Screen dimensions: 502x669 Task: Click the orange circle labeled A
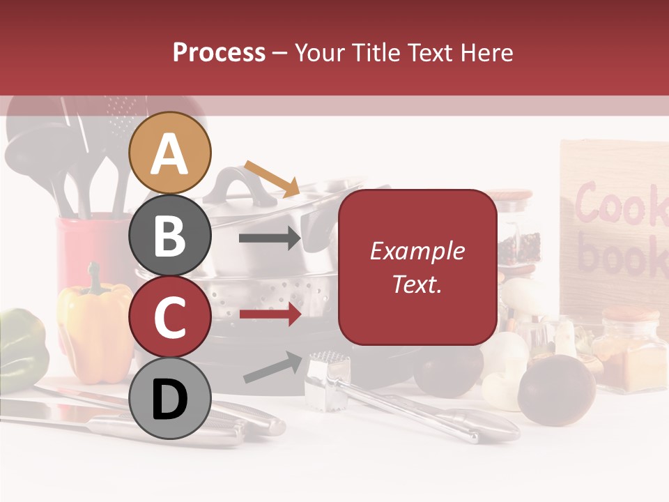170,153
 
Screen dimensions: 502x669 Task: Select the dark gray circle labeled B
170,236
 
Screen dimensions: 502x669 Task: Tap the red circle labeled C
170,317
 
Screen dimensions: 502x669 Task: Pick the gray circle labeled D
170,398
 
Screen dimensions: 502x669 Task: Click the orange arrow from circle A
272,178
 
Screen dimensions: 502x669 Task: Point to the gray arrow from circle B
269,238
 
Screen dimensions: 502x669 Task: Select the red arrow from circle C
269,314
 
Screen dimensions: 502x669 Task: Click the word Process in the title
219,52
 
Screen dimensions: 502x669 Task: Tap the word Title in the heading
378,52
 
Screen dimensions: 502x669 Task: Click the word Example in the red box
417,251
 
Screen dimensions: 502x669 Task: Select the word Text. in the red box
417,284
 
